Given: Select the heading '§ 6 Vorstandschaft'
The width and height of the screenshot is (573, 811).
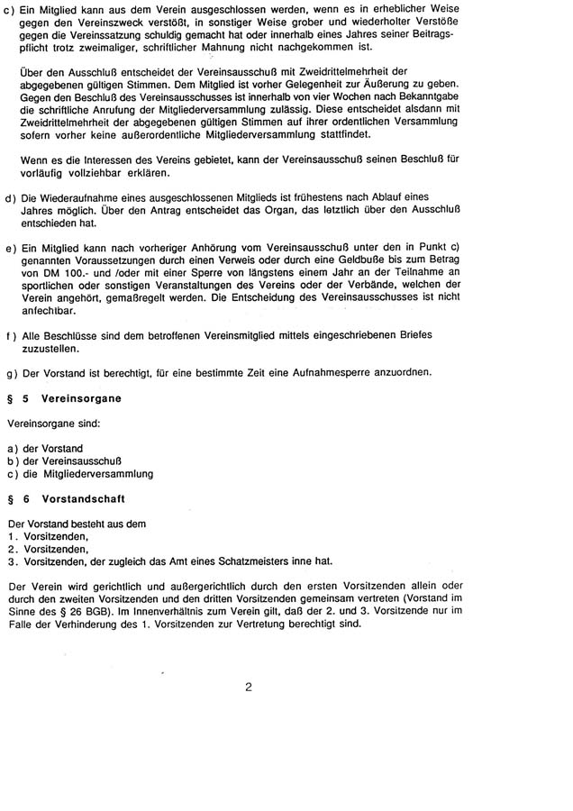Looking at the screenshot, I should tap(70, 497).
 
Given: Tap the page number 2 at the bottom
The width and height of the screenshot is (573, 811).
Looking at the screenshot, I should tap(248, 687).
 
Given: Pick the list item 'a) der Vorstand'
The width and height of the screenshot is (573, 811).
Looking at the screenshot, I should tap(45, 448).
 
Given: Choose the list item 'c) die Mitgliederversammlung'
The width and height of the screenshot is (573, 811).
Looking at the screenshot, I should tap(80, 473).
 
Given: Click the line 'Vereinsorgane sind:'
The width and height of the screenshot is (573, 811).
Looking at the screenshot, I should tap(53, 423).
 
